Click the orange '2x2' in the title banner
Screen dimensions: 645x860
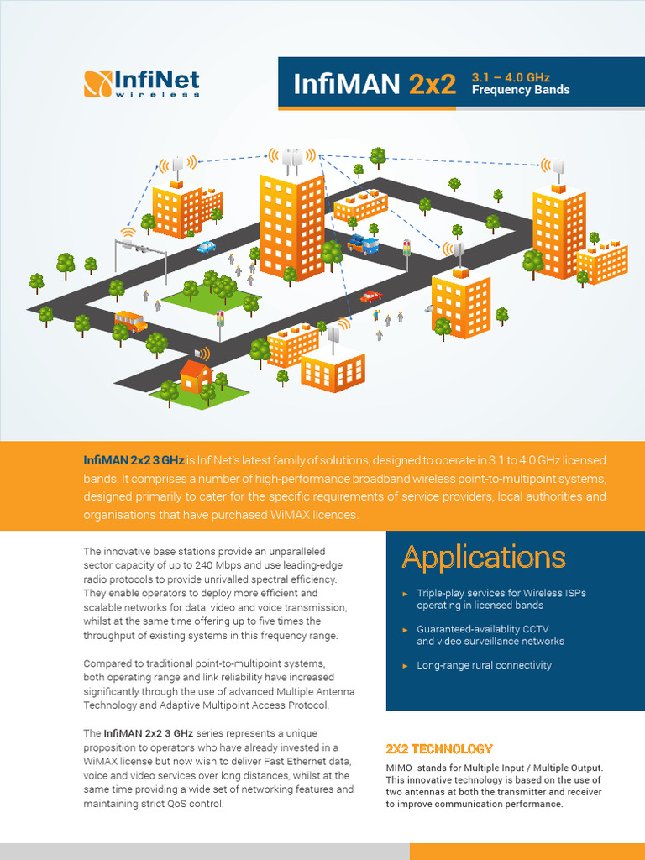pos(433,84)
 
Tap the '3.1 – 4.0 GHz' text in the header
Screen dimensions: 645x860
pos(511,76)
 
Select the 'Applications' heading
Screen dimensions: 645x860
pos(484,557)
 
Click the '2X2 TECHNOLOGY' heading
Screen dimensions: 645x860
pos(439,748)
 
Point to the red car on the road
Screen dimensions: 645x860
pos(370,296)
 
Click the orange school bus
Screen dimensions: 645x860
pos(130,321)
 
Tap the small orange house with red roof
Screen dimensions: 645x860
pos(197,378)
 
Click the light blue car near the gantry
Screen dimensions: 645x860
pos(206,247)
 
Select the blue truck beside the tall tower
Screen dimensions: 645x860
pos(363,245)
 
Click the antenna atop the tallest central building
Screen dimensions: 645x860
pos(291,158)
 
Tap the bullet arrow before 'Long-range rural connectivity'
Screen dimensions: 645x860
pos(405,666)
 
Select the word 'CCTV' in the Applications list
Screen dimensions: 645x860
pos(534,629)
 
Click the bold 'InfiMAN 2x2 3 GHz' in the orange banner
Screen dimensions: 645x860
pos(134,461)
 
